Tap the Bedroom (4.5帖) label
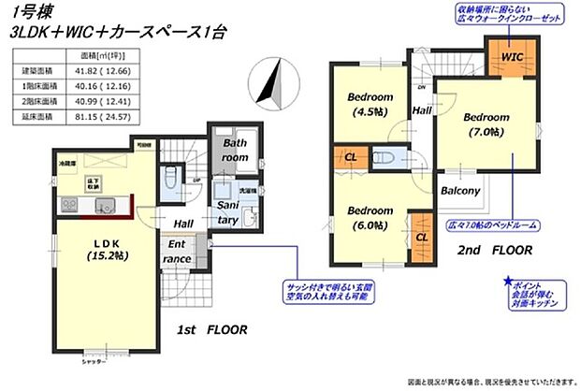point(370,103)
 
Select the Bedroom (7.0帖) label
point(484,123)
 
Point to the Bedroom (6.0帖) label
point(370,217)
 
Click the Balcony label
point(461,191)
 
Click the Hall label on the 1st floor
point(183,224)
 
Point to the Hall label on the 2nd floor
point(422,109)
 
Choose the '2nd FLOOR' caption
point(495,251)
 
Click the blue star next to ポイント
point(506,281)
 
